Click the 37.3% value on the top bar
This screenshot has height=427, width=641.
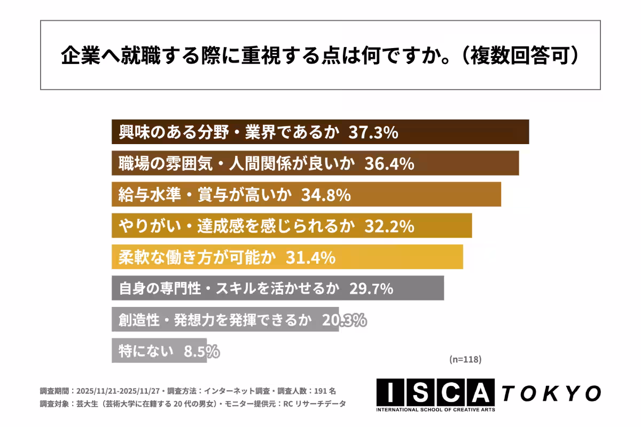[373, 132]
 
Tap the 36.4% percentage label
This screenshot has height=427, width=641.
[389, 164]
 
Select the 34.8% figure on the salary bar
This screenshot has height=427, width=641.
[326, 195]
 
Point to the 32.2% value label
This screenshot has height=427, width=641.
[389, 226]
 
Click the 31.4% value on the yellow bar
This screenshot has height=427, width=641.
[310, 257]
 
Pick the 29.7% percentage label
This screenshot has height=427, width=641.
[371, 289]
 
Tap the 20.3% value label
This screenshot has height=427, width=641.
[344, 320]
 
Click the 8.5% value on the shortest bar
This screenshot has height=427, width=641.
[201, 351]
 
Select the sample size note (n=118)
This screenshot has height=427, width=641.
[465, 360]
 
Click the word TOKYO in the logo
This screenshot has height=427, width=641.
[551, 393]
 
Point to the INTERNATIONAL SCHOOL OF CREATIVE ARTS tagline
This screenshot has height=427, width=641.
[435, 410]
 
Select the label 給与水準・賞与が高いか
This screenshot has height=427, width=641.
[205, 195]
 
